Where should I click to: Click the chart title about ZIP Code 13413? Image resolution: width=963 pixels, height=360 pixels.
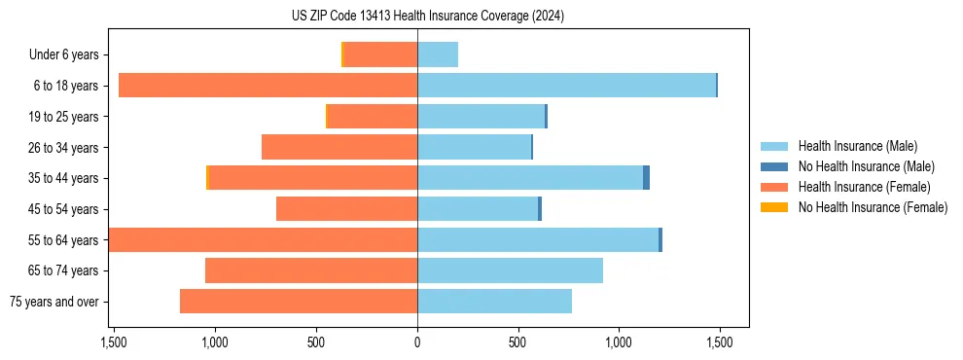coord(427,16)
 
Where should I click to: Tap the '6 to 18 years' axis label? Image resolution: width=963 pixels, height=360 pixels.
coord(66,86)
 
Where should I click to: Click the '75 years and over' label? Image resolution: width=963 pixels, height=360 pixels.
coord(54,302)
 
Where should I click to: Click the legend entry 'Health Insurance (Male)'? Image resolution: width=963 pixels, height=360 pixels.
coord(857,146)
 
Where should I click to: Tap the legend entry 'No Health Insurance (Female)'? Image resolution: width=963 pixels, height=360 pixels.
coord(873,207)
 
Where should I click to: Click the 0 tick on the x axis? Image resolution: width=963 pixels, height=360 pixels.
coord(417,342)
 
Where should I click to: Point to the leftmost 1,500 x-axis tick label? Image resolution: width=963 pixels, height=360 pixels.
coord(114,342)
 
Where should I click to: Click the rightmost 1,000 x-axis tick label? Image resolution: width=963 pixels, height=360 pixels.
coord(619,342)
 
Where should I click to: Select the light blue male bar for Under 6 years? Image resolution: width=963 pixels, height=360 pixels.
coord(438,54)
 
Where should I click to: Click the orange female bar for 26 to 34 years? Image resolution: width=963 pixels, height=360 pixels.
coord(339,147)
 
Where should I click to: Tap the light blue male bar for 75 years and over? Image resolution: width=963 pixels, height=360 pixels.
coord(494,302)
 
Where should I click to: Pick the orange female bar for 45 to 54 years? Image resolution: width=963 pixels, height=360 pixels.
coord(346,209)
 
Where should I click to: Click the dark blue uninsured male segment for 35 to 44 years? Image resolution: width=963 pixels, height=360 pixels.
coord(646,178)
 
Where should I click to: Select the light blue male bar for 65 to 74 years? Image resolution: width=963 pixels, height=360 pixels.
coord(510,270)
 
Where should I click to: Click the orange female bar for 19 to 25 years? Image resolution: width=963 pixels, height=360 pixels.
coord(373,117)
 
